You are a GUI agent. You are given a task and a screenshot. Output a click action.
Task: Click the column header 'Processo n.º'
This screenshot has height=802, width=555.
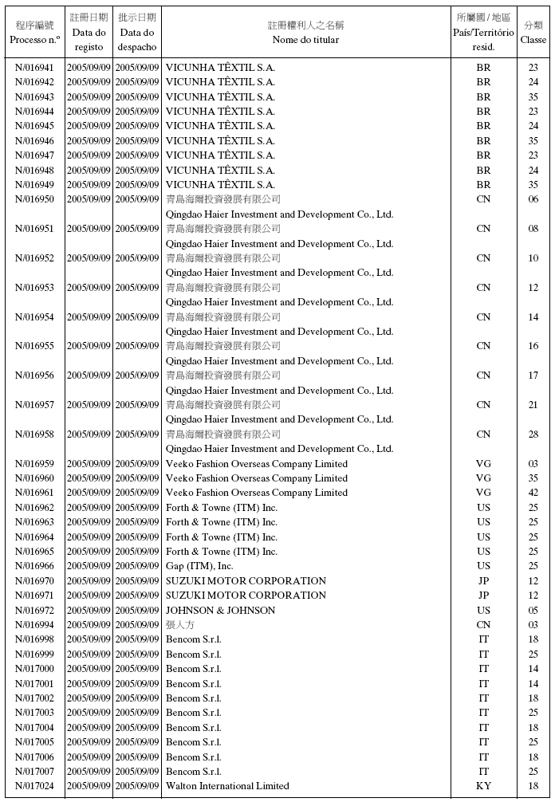[34, 40]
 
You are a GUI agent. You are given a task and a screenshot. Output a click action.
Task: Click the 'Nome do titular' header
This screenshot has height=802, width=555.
[305, 40]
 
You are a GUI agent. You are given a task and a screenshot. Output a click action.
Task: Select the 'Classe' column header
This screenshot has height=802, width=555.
[533, 40]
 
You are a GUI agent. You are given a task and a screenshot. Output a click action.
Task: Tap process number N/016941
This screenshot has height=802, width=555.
[35, 68]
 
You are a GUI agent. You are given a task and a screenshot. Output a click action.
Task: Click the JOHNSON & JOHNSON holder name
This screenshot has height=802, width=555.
[220, 611]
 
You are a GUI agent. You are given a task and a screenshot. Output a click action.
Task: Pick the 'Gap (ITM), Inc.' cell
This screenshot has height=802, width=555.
[199, 566]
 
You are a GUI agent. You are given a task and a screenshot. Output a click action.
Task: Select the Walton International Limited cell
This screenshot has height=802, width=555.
[227, 786]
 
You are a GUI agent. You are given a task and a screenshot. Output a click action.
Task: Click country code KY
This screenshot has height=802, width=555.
[483, 786]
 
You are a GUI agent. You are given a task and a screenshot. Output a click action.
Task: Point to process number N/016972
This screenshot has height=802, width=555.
[35, 611]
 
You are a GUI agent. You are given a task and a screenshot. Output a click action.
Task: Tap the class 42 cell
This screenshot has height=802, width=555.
[533, 493]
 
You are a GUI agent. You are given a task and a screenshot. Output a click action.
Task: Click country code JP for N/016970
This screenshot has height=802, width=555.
[483, 581]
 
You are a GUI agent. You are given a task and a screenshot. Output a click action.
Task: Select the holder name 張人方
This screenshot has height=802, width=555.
[179, 625]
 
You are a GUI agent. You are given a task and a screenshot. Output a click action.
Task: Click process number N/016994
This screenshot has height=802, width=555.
[35, 625]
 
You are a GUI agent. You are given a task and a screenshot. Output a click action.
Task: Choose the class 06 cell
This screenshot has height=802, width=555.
[533, 199]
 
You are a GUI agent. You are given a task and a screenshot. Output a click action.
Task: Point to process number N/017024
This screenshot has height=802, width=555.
[35, 786]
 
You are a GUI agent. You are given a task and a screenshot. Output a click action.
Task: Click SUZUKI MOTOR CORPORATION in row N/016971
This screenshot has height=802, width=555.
[246, 596]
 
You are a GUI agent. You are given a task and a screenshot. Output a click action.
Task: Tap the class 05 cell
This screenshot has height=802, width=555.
[533, 611]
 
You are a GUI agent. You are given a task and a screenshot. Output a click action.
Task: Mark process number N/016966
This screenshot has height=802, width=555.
[35, 566]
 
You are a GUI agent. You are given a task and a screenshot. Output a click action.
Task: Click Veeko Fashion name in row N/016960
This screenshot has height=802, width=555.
[256, 478]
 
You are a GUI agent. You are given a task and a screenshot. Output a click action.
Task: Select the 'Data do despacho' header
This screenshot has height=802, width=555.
[137, 40]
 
